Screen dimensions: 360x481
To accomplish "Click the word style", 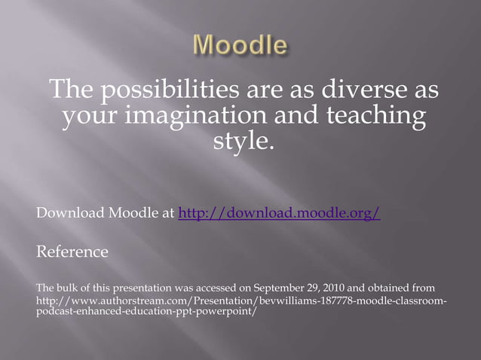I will click(x=240, y=142).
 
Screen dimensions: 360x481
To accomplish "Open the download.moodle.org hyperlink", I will click(x=279, y=214).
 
